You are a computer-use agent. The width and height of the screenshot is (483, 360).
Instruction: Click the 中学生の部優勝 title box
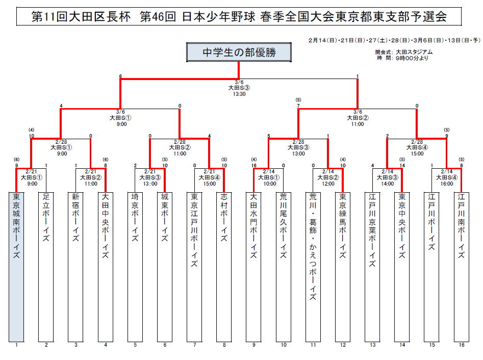tap(239, 52)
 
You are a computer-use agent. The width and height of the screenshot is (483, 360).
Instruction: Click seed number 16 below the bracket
tap(461, 345)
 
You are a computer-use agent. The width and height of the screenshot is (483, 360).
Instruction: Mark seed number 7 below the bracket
tap(194, 345)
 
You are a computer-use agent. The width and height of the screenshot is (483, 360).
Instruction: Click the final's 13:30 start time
tap(239, 94)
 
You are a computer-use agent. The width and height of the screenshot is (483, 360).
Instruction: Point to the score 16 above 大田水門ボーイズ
tap(253, 165)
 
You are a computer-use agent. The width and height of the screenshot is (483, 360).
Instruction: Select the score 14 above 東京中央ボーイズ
tap(402, 165)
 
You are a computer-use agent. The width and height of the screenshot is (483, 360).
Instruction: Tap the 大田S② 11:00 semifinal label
tap(358, 120)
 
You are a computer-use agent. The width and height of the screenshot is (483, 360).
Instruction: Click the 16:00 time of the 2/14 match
tap(446, 184)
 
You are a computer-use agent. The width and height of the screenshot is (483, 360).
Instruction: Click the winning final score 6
tap(120, 76)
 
